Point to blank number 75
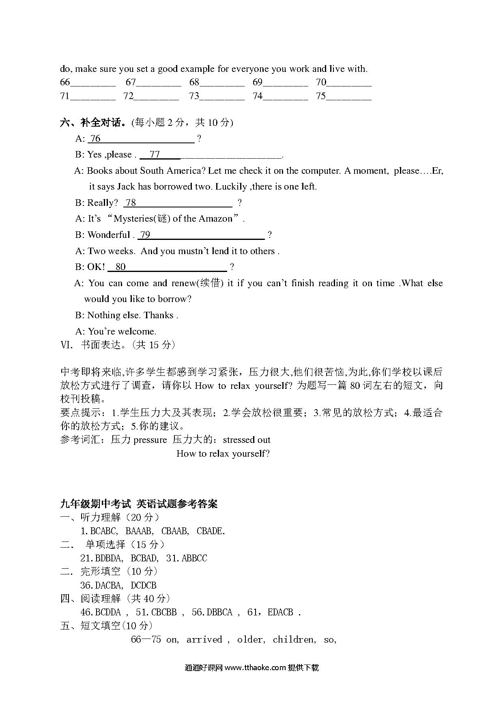coord(349,97)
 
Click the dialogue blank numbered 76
coord(142,139)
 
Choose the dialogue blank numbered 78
coord(178,203)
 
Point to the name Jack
coord(126,187)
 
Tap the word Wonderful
coord(108,235)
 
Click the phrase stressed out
coord(247,440)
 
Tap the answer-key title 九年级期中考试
coord(96,504)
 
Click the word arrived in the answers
coord(204,640)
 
